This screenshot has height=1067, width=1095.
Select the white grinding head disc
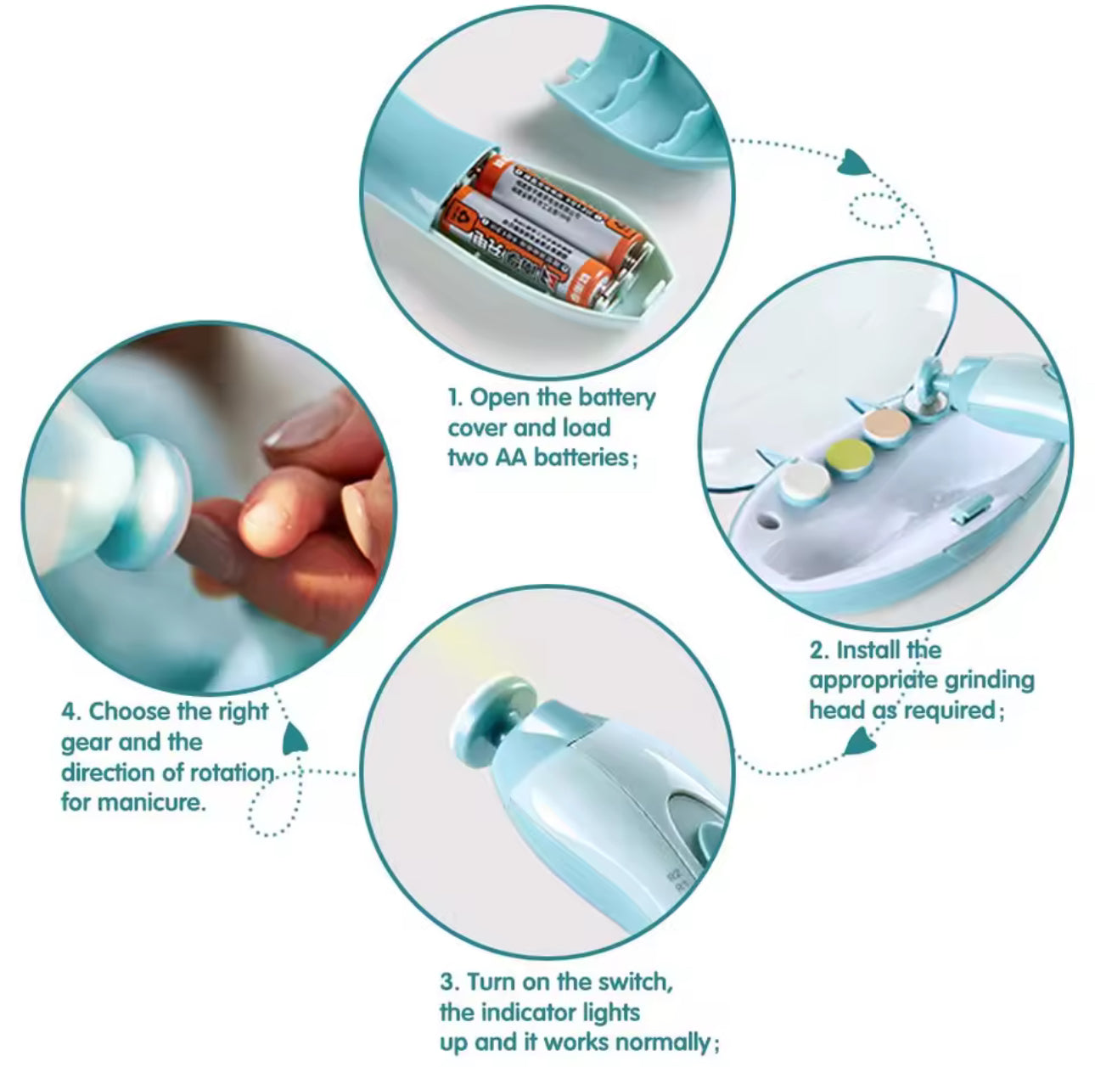[x=806, y=483]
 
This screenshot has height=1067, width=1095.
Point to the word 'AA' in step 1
[x=511, y=458]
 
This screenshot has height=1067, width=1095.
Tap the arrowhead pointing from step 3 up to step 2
[x=861, y=742]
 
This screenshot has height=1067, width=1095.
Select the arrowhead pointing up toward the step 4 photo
[x=294, y=738]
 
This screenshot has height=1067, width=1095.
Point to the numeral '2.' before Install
[x=819, y=650]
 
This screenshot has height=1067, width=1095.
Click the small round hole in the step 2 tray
[x=769, y=520]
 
